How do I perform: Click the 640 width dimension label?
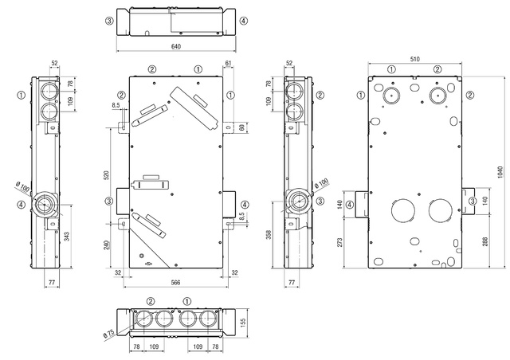click(x=175, y=46)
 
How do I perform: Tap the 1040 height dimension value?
click(x=500, y=172)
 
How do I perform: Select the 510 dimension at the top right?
click(x=414, y=59)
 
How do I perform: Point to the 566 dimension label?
click(x=175, y=282)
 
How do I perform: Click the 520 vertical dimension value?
click(x=106, y=175)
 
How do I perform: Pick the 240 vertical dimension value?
click(x=106, y=245)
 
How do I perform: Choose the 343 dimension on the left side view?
click(x=67, y=237)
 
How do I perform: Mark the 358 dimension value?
click(x=269, y=235)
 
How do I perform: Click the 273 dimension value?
click(x=339, y=242)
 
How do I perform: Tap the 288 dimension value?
click(x=485, y=241)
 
